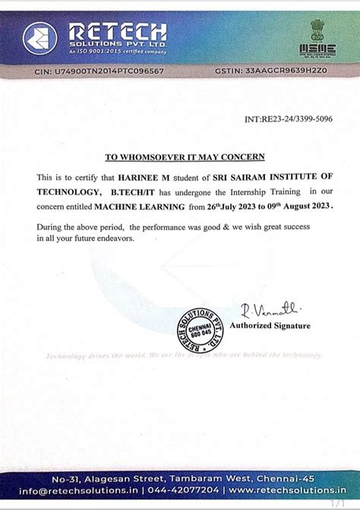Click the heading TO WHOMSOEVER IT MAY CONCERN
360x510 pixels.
tap(185, 158)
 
